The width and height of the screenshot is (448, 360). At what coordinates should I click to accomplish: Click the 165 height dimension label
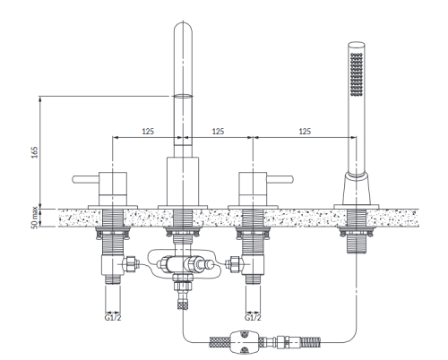[x=35, y=152]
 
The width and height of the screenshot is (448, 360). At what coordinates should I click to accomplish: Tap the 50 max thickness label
[x=35, y=218]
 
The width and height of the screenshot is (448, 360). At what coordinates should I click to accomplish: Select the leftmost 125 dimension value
[x=148, y=132]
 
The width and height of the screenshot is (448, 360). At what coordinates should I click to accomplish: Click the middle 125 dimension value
[x=218, y=132]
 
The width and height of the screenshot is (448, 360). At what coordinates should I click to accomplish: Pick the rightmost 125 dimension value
[x=305, y=132]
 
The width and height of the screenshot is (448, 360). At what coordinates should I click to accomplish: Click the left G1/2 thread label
[x=113, y=317]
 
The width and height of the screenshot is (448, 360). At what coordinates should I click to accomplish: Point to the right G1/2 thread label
[x=253, y=317]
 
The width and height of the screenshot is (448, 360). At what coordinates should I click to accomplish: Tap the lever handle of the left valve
[x=86, y=179]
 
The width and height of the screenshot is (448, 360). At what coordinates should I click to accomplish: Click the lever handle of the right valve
[x=280, y=179]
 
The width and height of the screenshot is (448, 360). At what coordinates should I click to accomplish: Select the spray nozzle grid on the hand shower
[x=357, y=74]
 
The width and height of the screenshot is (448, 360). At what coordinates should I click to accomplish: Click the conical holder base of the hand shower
[x=357, y=188]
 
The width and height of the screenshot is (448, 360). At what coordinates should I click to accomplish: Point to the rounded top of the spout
[x=183, y=29]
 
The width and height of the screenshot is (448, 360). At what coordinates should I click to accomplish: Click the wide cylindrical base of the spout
[x=183, y=181]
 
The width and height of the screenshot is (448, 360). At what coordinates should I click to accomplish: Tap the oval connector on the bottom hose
[x=244, y=341]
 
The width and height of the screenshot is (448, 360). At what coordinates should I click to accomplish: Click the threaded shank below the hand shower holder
[x=357, y=244]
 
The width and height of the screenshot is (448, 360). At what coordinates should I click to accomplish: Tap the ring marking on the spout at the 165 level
[x=183, y=96]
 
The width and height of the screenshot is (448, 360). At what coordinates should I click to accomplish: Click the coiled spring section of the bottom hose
[x=311, y=340]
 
